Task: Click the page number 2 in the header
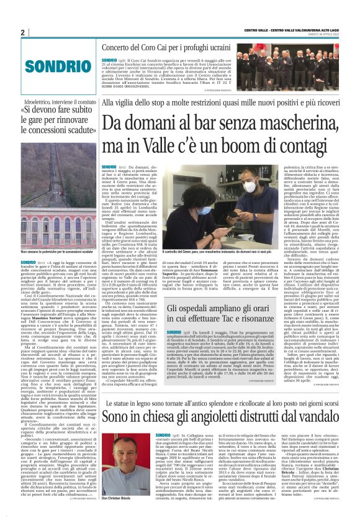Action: click(x=22, y=32)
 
